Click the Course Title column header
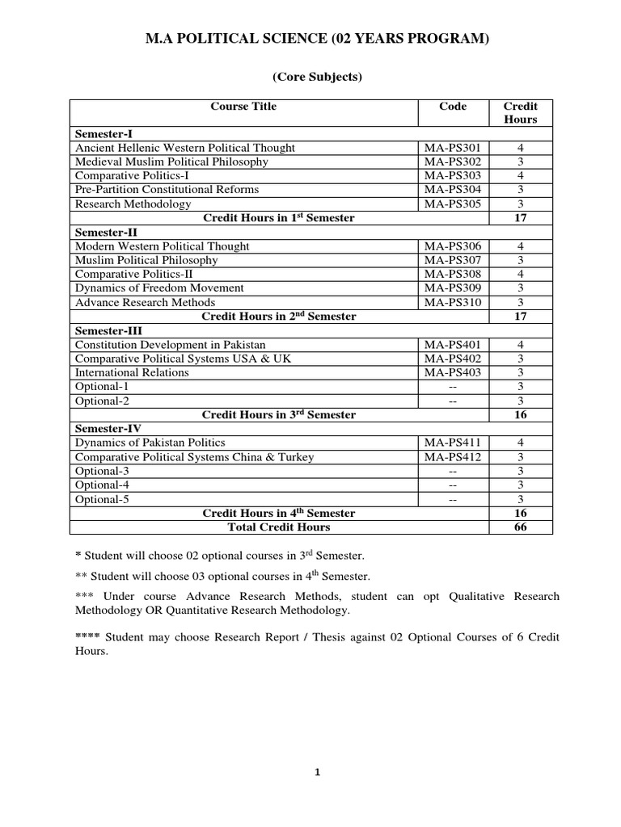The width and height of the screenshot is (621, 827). click(x=243, y=106)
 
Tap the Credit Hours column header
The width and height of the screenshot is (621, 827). click(x=520, y=112)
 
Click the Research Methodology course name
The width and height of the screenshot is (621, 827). click(x=133, y=204)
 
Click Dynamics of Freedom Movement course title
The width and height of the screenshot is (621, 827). click(x=159, y=288)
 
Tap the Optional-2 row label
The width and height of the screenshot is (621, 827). click(x=102, y=401)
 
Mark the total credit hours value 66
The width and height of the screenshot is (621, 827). click(x=520, y=527)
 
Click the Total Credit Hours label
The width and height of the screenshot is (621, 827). click(x=279, y=527)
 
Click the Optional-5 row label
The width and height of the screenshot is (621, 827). click(x=102, y=499)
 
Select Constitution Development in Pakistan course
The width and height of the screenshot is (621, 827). click(x=170, y=344)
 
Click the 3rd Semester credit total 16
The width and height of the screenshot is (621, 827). click(x=520, y=414)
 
